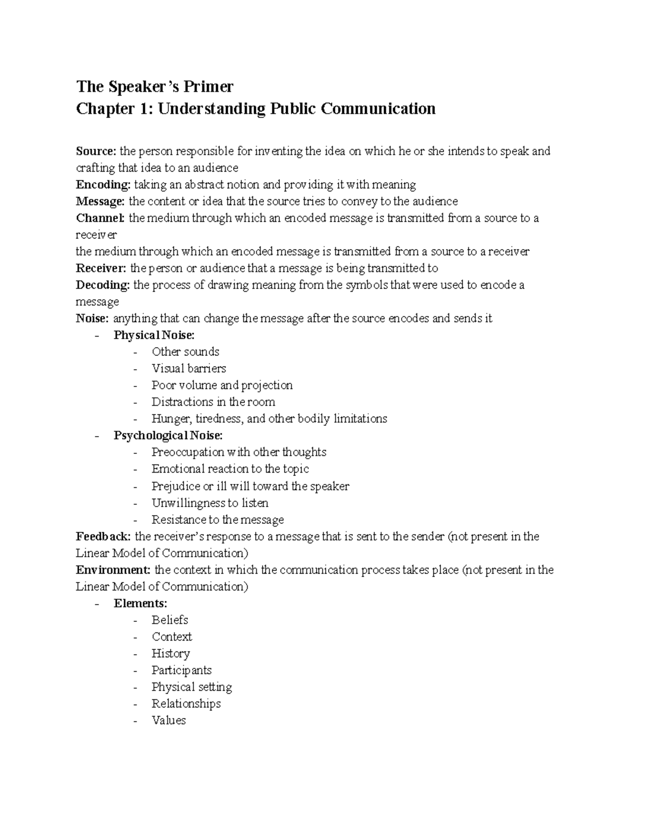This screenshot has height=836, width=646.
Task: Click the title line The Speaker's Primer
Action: (155, 87)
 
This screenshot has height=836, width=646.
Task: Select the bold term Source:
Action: (96, 151)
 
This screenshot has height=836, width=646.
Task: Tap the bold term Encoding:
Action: (103, 185)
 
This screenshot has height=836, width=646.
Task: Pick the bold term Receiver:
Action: (101, 269)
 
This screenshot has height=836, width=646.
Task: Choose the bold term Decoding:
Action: (102, 285)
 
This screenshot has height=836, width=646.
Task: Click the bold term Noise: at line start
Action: (92, 319)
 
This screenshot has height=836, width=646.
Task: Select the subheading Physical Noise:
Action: (154, 335)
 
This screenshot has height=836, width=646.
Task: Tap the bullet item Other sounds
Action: (185, 352)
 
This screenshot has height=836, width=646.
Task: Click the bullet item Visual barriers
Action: (188, 369)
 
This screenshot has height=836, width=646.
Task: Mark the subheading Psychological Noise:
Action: (168, 435)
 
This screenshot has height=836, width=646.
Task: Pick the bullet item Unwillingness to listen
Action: (210, 503)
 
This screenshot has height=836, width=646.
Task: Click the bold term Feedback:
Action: (103, 537)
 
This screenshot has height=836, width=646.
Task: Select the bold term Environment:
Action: (113, 570)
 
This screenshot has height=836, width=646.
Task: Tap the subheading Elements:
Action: (141, 603)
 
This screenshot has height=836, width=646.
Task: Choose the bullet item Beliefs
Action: (170, 620)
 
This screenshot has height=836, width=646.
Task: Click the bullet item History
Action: (171, 654)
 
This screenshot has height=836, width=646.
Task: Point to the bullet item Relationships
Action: (186, 704)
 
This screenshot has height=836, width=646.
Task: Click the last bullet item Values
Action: (168, 721)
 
